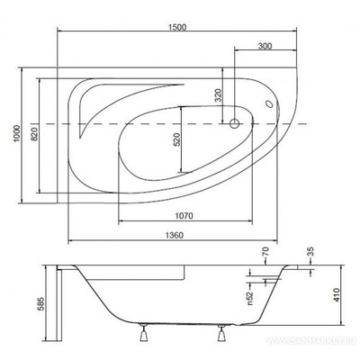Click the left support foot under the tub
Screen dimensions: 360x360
[x=142, y=339]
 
